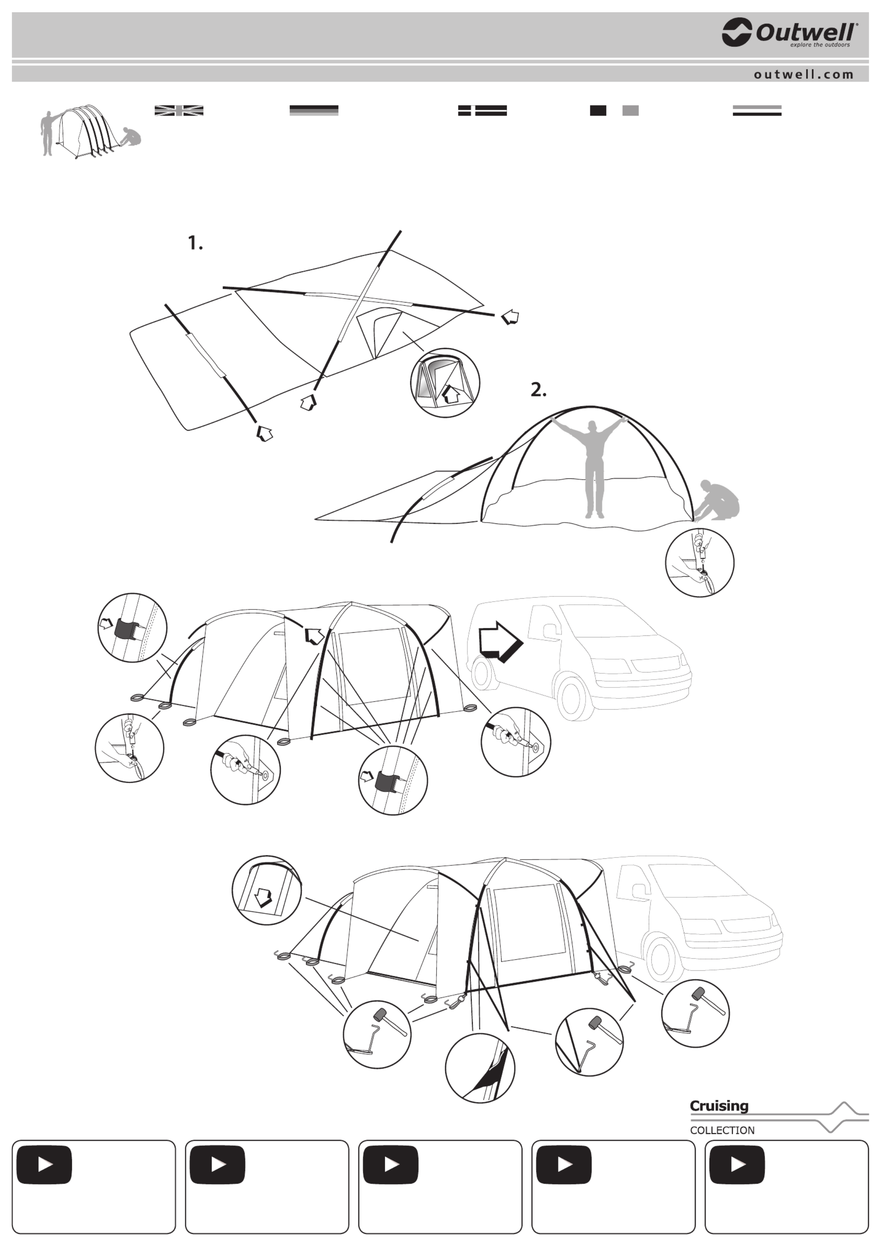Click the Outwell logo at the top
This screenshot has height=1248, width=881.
pos(790,33)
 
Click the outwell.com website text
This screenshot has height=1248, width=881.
pos(803,75)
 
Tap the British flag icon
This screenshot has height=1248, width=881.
pos(179,110)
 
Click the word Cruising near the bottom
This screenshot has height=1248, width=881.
pos(719,1106)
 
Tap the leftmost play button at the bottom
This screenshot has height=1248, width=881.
pos(44,1164)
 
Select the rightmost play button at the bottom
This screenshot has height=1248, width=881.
pos(737,1164)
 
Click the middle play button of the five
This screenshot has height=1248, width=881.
pos(391,1164)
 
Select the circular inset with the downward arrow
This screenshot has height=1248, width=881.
pos(266,890)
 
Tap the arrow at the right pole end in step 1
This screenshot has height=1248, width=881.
pos(510,316)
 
